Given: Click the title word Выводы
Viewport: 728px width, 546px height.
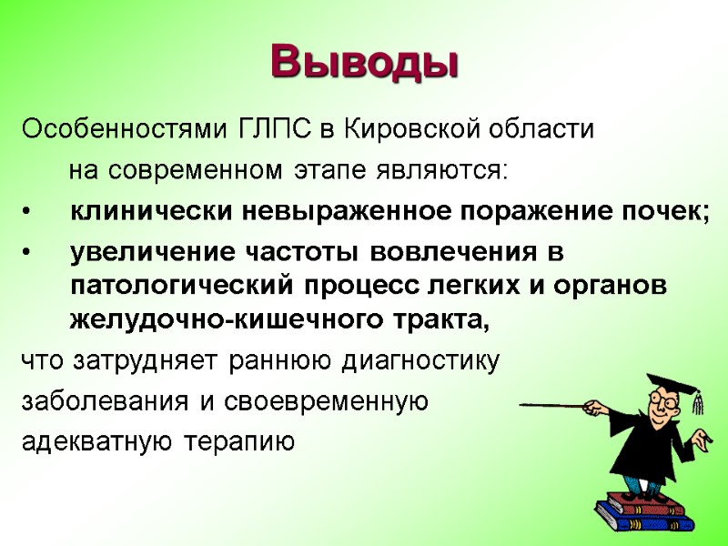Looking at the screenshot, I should [364, 61].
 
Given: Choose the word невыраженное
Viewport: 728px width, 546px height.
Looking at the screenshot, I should [345, 212].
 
